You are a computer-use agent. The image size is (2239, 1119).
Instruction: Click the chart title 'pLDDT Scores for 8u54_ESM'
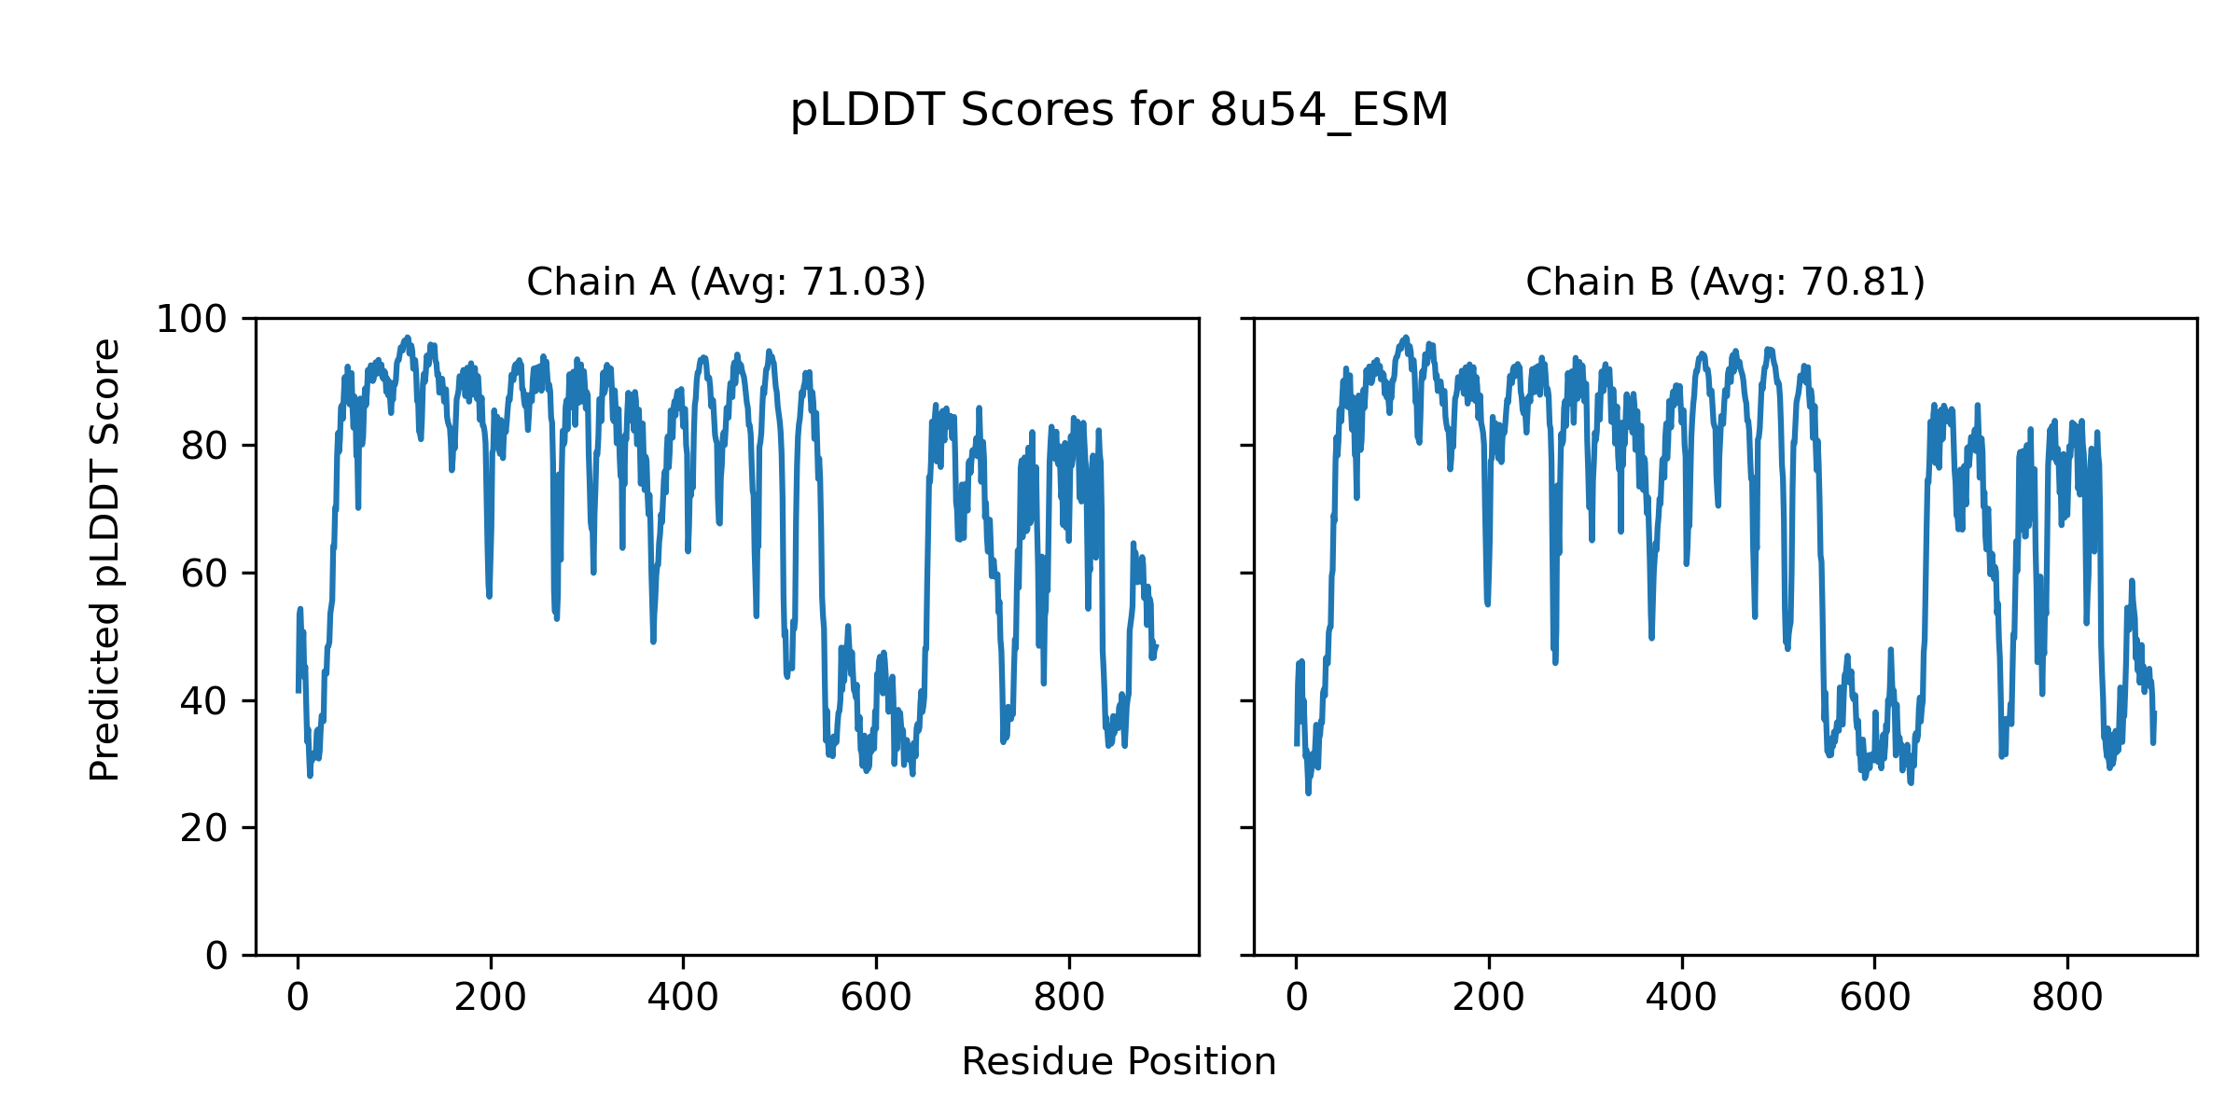point(1119,111)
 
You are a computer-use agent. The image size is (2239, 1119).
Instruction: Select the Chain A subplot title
point(726,282)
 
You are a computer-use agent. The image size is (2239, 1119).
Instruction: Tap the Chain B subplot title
point(1725,282)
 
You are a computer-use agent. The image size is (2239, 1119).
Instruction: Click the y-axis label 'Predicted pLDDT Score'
point(105,559)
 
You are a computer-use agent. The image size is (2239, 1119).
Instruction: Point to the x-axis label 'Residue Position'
point(1119,1062)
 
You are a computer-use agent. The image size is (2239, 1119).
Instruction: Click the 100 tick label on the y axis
point(191,320)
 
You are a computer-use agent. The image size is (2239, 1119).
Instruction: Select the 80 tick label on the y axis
point(204,447)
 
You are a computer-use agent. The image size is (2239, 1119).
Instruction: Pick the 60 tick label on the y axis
point(204,573)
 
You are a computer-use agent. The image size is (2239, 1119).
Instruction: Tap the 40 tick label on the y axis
point(204,701)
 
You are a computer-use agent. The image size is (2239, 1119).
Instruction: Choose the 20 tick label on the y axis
point(204,828)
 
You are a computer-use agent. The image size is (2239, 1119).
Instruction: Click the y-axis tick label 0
point(216,956)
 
